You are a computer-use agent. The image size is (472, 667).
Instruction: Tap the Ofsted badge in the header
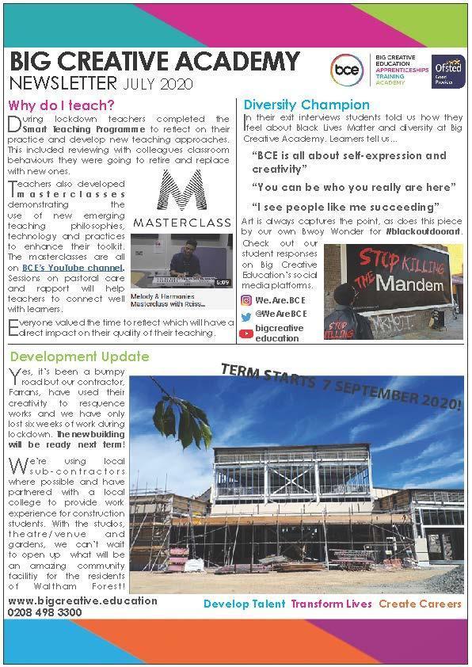(x=443, y=71)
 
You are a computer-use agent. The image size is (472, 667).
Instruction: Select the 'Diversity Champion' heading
(x=306, y=105)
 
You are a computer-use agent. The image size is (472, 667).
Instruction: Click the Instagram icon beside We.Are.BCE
(x=246, y=300)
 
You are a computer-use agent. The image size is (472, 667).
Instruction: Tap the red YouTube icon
(x=246, y=333)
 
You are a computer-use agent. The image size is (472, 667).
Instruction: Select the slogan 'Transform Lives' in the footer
(x=331, y=604)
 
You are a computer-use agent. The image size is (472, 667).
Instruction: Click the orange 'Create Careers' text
(x=420, y=604)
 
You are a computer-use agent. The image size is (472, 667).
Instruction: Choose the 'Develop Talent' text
(x=244, y=604)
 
